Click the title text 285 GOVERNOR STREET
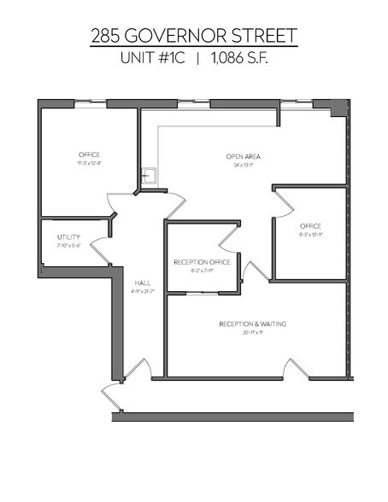pyautogui.click(x=194, y=36)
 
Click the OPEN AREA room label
pyautogui.click(x=243, y=156)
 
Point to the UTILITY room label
pyautogui.click(x=68, y=236)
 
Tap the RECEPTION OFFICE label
pyautogui.click(x=202, y=262)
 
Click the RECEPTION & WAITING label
pyautogui.click(x=252, y=324)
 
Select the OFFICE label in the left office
pyautogui.click(x=90, y=155)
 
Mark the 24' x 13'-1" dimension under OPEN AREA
pyautogui.click(x=243, y=165)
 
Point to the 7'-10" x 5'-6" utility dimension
pyautogui.click(x=68, y=245)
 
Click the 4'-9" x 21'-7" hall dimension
pyautogui.click(x=142, y=290)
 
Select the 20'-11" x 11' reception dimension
pyautogui.click(x=252, y=333)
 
